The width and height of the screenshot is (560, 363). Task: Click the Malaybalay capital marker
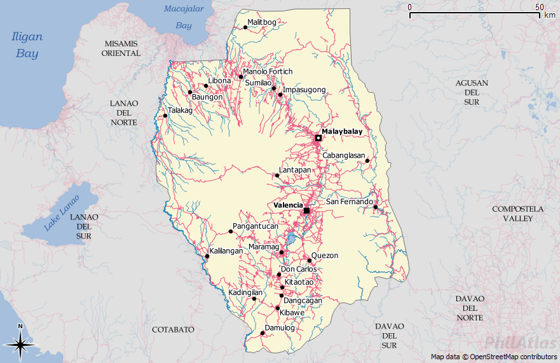[318, 138]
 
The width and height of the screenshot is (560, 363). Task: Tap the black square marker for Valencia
[306, 210]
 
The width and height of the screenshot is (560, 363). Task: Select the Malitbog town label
[262, 22]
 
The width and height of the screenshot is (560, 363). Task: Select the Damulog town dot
[262, 332]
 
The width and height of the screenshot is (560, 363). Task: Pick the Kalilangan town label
[226, 251]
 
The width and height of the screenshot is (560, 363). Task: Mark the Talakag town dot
[165, 116]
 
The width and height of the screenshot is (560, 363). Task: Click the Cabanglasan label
[344, 156]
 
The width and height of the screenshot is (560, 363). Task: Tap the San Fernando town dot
[376, 207]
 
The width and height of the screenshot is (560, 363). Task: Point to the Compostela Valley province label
[518, 213]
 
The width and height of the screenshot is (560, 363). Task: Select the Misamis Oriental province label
[121, 48]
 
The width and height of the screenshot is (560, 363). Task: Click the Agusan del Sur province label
[471, 92]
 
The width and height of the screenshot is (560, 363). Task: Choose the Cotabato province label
[173, 329]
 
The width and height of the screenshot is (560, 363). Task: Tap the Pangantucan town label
[256, 226]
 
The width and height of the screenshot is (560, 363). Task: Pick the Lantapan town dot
[277, 175]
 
